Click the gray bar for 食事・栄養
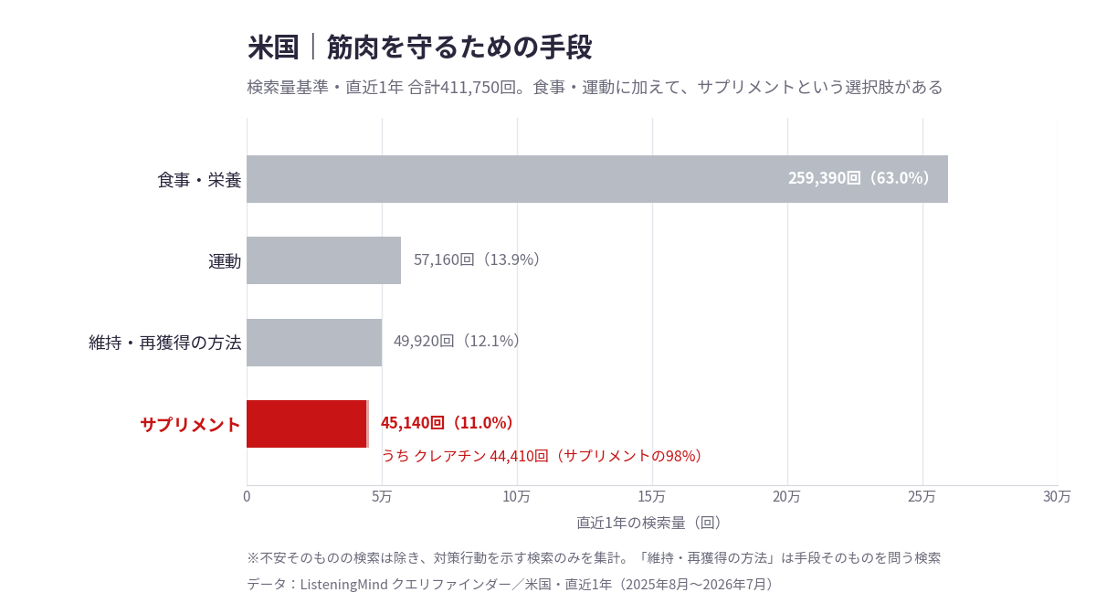597,179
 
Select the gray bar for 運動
323,260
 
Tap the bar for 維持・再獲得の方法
314,343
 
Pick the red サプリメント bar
307,424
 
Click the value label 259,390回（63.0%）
859,178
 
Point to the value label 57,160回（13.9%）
477,259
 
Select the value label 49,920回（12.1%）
457,341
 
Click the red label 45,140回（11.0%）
447,423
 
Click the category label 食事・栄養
199,180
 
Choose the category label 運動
225,261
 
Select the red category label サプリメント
190,424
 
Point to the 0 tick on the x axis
247,497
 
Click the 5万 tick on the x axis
382,497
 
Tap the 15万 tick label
652,497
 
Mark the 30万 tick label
1057,497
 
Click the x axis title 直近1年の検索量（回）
649,524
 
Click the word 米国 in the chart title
273,48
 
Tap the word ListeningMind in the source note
344,585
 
